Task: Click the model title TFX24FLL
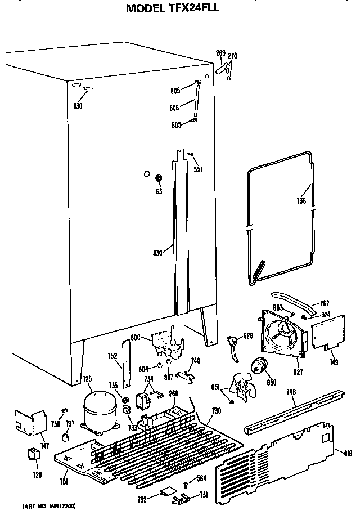pyautogui.click(x=180, y=8)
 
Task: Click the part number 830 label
pyautogui.click(x=157, y=253)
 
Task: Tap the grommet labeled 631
pyautogui.click(x=159, y=178)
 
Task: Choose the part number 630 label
pyautogui.click(x=78, y=106)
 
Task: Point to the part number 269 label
pyautogui.click(x=220, y=53)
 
